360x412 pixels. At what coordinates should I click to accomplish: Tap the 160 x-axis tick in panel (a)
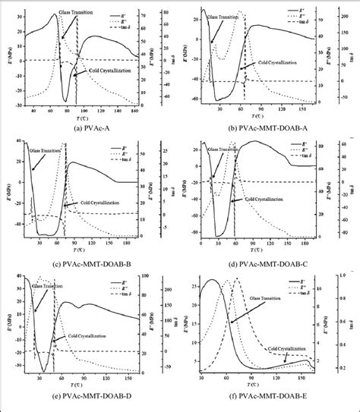(137, 112)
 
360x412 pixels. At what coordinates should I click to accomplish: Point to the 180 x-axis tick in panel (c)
(137, 244)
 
